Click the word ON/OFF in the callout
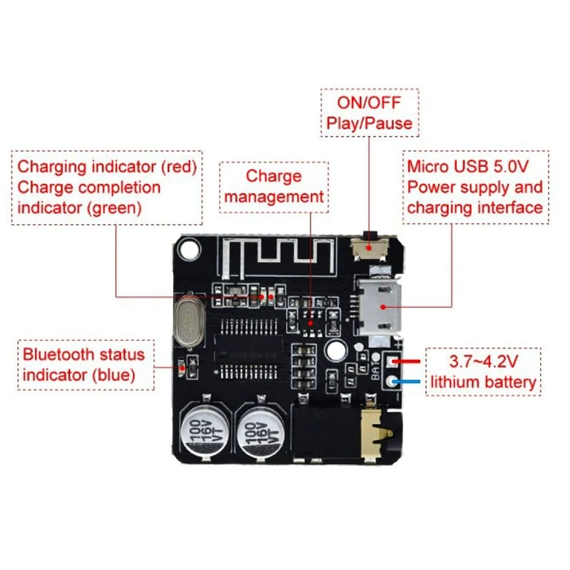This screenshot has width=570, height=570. [x=369, y=102]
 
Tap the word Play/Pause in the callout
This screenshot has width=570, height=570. [x=369, y=122]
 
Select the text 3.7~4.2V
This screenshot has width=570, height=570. [x=482, y=362]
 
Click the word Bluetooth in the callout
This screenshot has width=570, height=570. [x=63, y=354]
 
